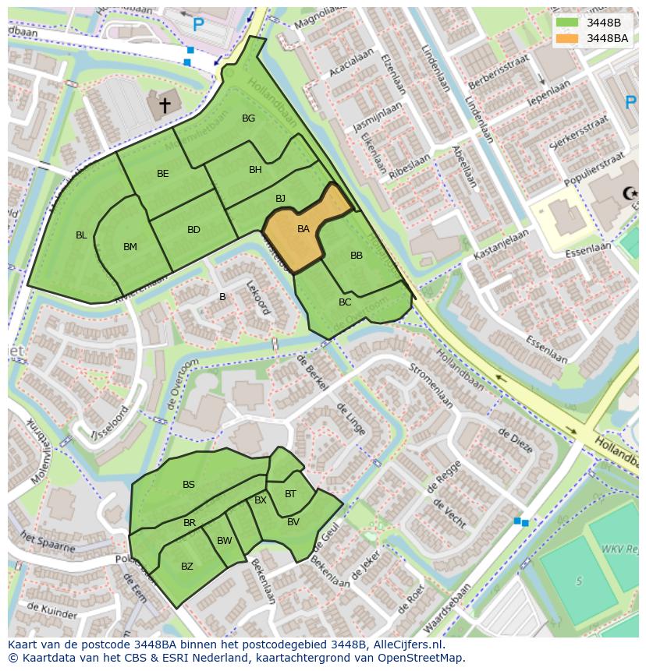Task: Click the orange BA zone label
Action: [x=303, y=229]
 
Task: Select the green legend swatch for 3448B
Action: [x=567, y=23]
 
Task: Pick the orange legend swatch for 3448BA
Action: [x=567, y=38]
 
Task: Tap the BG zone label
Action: [x=248, y=118]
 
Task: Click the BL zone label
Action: [x=81, y=235]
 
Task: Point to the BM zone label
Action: [x=130, y=247]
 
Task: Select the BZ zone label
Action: [x=186, y=567]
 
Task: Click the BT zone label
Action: [x=290, y=494]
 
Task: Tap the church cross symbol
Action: [x=165, y=104]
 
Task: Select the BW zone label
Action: [x=225, y=541]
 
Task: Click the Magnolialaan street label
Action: [x=318, y=15]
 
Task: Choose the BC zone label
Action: [x=345, y=302]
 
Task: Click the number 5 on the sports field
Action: [x=579, y=581]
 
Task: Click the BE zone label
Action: [x=162, y=174]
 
